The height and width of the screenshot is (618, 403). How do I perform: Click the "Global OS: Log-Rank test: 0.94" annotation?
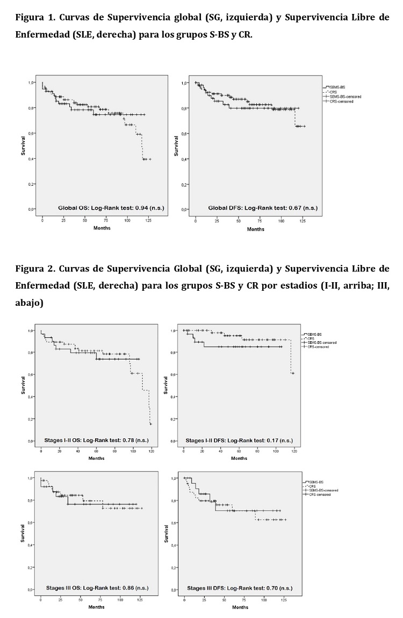pyautogui.click(x=101, y=207)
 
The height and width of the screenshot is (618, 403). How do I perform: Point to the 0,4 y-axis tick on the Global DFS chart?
pyautogui.click(x=183, y=159)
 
